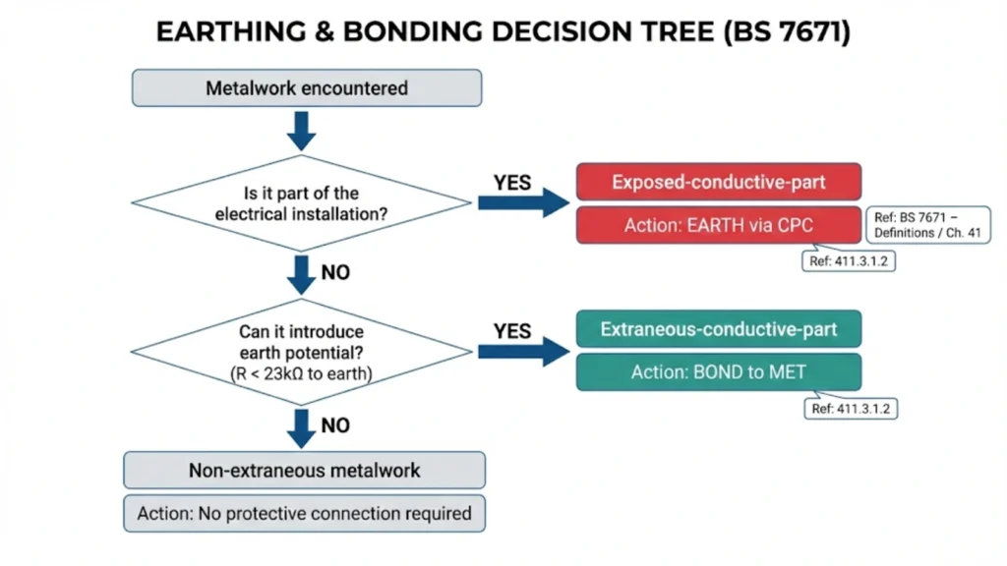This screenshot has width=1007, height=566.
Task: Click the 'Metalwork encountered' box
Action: [x=306, y=87]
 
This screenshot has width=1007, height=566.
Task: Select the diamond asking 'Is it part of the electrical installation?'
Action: [x=302, y=202]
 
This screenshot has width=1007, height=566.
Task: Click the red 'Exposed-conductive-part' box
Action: [x=718, y=182]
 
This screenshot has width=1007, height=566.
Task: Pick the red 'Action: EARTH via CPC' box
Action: [x=718, y=225]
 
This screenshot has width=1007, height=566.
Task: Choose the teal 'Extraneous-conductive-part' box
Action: [x=718, y=329]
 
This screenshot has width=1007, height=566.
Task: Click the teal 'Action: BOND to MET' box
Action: [x=718, y=372]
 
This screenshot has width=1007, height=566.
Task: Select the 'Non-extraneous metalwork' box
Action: [x=304, y=470]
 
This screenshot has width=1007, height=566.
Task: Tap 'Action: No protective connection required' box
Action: [x=304, y=513]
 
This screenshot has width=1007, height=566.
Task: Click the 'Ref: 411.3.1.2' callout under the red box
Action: [x=849, y=262]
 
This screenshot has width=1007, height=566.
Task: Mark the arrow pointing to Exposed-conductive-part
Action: [x=523, y=202]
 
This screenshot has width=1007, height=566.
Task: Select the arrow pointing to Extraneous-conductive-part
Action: [x=523, y=351]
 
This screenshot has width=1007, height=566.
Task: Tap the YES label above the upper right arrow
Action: [x=511, y=183]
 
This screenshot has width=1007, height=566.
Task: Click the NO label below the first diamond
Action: [x=335, y=272]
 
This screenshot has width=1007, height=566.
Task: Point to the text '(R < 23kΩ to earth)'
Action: [x=302, y=372]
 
